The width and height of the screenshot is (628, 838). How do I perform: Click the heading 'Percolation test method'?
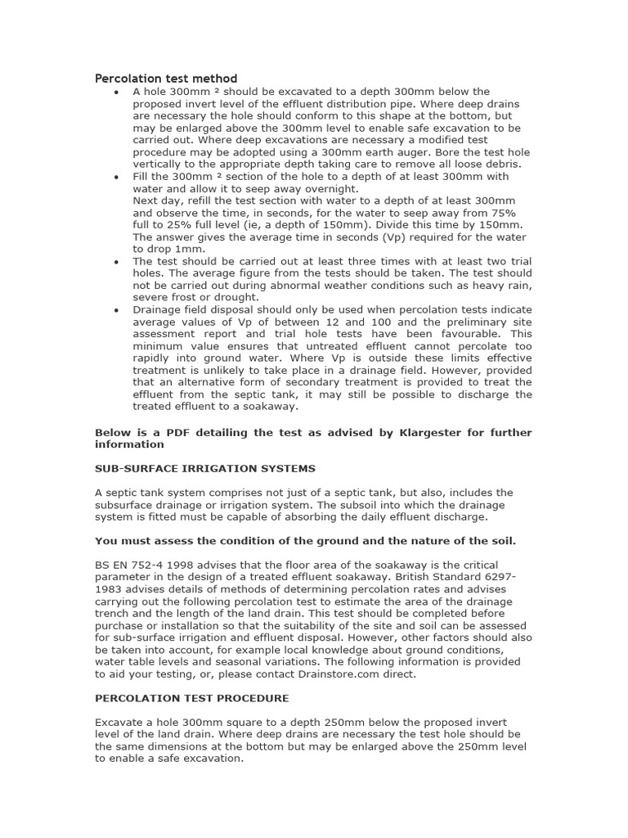coord(166,79)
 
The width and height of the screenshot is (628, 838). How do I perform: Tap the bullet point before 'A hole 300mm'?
coord(116,92)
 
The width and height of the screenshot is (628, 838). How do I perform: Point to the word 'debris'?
coord(501,164)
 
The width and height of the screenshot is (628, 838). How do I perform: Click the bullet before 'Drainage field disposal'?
coord(116,310)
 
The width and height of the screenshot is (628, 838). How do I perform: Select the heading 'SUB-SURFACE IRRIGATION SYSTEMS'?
coord(204,468)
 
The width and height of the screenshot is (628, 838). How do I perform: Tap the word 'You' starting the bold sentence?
coord(105,541)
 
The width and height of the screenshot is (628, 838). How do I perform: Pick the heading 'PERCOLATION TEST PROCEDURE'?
coord(192,698)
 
